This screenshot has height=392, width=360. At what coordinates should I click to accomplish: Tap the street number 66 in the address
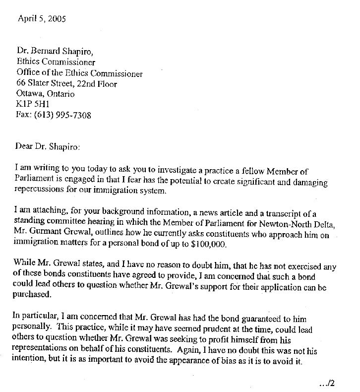pos(21,84)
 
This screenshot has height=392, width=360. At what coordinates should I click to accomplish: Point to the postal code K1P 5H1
pos(30,105)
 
